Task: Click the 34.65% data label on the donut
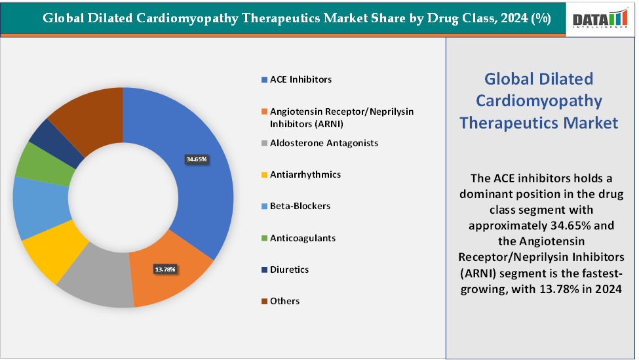click(197, 159)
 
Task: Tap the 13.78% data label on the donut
click(165, 270)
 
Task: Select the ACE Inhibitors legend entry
click(300, 79)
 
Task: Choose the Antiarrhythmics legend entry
click(305, 174)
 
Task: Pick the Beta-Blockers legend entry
click(300, 206)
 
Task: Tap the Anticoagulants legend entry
click(302, 238)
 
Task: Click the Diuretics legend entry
click(289, 270)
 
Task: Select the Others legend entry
click(284, 301)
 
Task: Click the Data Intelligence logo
click(600, 19)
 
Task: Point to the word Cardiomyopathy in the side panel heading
click(538, 100)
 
